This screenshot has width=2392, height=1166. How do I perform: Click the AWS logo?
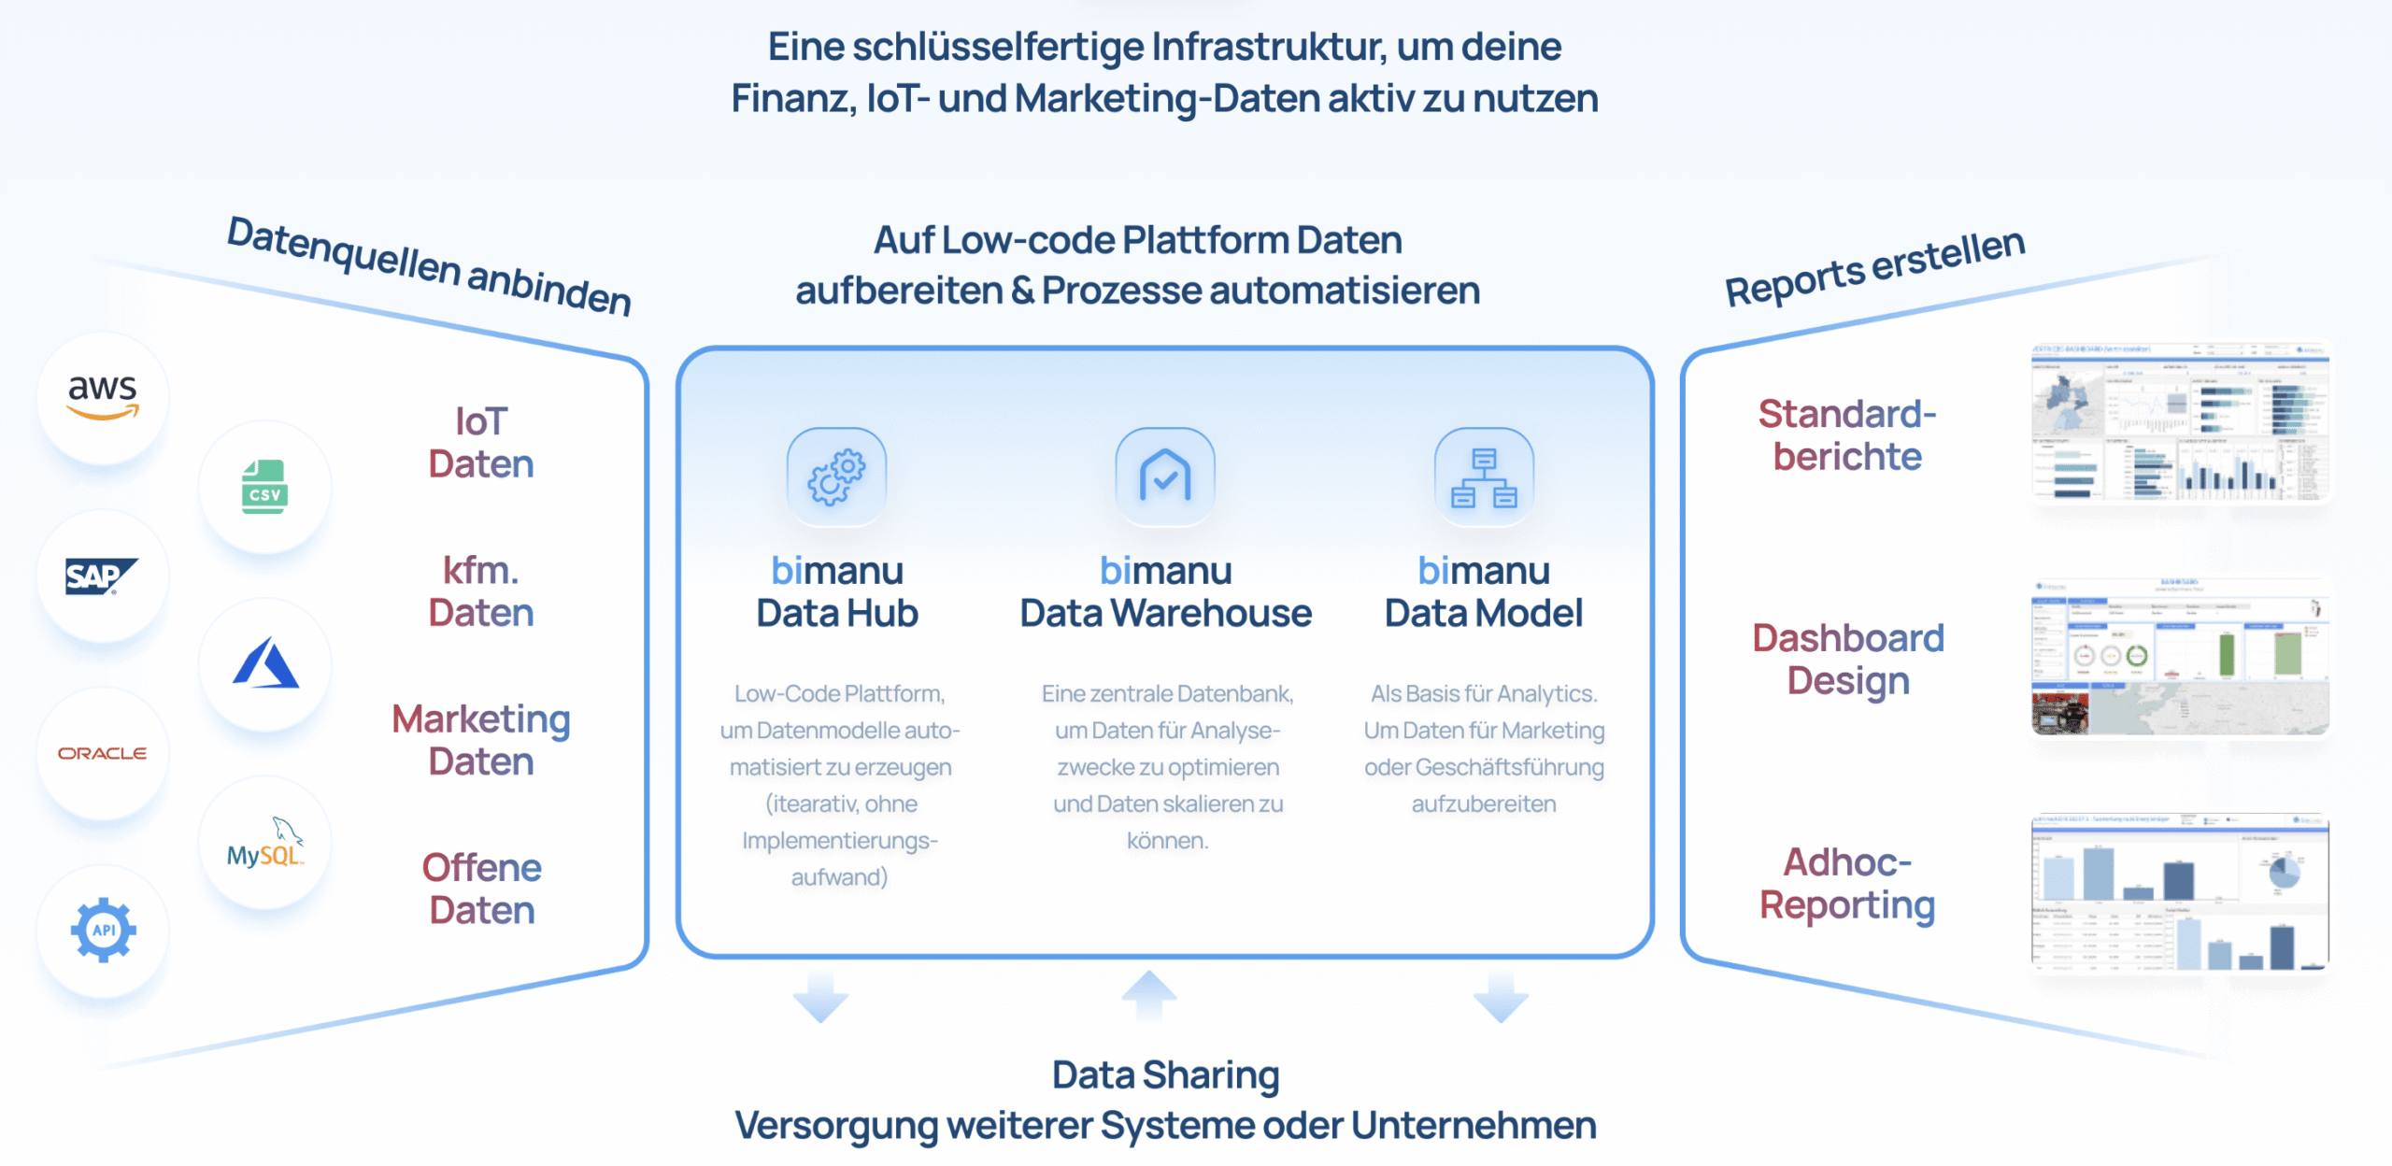(x=103, y=397)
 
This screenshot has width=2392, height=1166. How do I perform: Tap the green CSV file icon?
(x=264, y=487)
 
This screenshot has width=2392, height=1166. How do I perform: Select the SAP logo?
(x=102, y=576)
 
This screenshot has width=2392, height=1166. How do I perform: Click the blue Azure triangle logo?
(x=265, y=663)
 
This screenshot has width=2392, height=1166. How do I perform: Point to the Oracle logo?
(x=103, y=753)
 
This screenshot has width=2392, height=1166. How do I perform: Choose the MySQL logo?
(x=265, y=844)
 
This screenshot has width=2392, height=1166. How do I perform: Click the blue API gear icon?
(x=103, y=930)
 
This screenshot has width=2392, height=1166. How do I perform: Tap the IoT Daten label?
(x=481, y=443)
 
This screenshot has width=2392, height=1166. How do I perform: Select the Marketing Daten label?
(x=481, y=740)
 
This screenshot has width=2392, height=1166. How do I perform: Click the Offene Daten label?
(x=481, y=889)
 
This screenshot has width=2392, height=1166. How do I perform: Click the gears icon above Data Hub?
(x=836, y=476)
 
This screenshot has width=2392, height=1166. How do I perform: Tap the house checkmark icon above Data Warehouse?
(x=1165, y=476)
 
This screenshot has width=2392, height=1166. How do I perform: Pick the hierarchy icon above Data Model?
(x=1484, y=476)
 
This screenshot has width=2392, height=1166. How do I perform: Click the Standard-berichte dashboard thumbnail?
(x=2180, y=422)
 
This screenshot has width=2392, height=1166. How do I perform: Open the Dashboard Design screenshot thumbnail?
(x=2180, y=656)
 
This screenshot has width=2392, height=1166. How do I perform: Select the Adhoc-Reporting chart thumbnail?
(x=2180, y=891)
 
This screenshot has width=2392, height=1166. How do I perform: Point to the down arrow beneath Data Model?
(x=1501, y=998)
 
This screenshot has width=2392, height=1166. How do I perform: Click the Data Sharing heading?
(x=1165, y=1075)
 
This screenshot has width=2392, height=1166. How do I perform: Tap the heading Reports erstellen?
(x=1874, y=267)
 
